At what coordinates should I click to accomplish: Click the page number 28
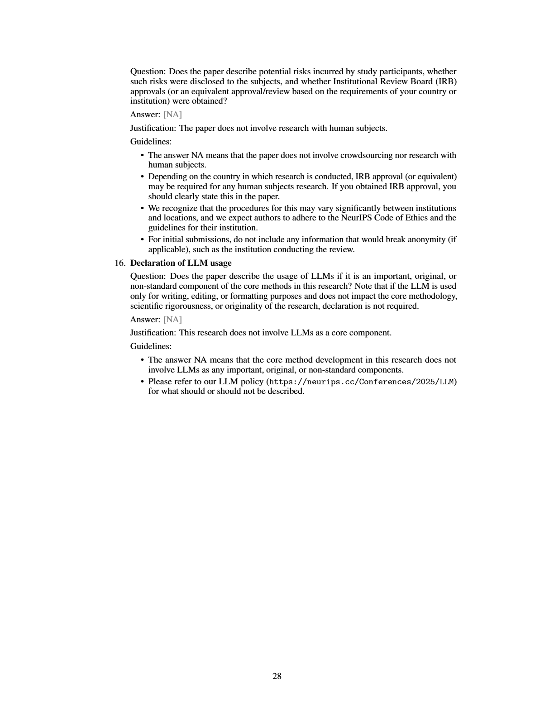point(277,676)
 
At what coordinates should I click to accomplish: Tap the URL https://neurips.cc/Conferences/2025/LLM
point(362,382)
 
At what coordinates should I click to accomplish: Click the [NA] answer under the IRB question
point(172,115)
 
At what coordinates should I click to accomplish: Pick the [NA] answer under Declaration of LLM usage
point(172,320)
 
